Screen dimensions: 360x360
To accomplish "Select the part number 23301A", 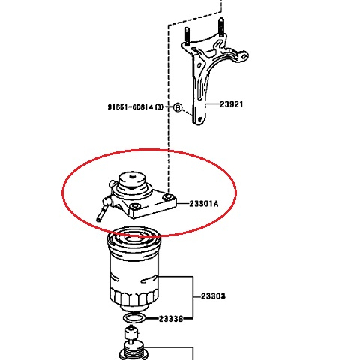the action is [203, 203].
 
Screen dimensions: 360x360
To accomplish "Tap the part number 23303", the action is [213, 296].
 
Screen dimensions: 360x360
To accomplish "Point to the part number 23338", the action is [170, 319].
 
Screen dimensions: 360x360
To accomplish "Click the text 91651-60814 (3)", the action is [135, 107].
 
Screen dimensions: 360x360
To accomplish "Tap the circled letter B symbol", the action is [178, 107].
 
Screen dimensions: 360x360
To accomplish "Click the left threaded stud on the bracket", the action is [184, 35].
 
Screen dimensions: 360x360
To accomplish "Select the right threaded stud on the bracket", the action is [221, 28].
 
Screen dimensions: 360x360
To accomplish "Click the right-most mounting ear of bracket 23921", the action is [240, 55].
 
